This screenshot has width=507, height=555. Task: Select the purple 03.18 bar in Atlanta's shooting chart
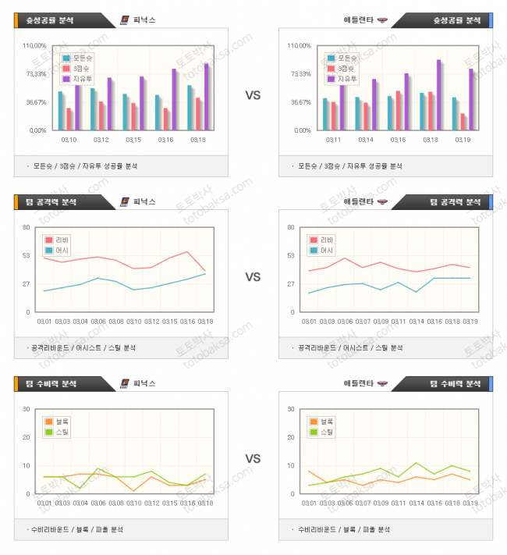[438, 95]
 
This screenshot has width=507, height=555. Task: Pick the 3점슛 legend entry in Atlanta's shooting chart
[348, 69]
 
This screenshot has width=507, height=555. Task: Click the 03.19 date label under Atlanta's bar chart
[462, 140]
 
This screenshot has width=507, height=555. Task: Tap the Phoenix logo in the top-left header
[125, 20]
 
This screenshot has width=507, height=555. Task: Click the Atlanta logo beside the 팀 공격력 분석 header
[382, 202]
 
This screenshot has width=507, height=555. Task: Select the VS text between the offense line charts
[253, 276]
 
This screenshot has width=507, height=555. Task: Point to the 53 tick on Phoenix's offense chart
[26, 255]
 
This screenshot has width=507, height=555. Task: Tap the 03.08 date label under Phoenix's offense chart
[115, 321]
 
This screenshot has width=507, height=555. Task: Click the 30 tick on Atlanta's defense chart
[289, 409]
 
